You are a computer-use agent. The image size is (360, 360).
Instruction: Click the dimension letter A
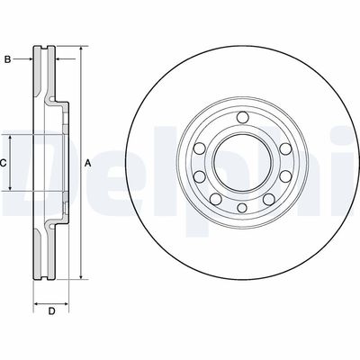coord(87,163)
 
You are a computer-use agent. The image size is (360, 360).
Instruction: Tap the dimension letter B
coord(7,60)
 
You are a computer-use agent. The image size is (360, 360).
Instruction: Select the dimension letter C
coord(4,163)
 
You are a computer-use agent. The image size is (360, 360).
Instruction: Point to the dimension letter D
coord(51,311)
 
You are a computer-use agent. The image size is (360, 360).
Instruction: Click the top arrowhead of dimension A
coord(79,47)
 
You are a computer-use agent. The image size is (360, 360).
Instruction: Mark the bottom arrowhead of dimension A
coord(79,278)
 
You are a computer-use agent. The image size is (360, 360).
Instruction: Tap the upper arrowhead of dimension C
coord(11,135)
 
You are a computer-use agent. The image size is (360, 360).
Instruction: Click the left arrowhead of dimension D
coord(35,300)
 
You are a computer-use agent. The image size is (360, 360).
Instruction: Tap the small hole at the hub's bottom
coord(241,209)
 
